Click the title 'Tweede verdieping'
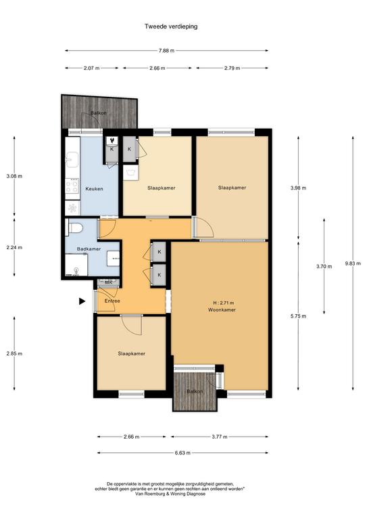click(x=171, y=26)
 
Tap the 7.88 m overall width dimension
click(x=166, y=51)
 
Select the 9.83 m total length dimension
click(x=353, y=263)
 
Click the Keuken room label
click(x=95, y=189)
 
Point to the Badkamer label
click(x=89, y=249)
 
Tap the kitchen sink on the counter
click(x=72, y=160)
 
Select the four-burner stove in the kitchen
click(x=72, y=186)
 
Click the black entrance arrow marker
click(x=82, y=301)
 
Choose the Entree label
click(x=112, y=301)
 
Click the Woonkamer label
click(x=222, y=309)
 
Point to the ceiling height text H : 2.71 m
click(x=224, y=303)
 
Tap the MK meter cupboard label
click(x=109, y=282)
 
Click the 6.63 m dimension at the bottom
click(x=182, y=453)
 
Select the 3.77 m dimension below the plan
click(x=220, y=437)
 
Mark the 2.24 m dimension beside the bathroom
click(x=14, y=247)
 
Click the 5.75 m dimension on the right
click(x=298, y=316)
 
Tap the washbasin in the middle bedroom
click(x=130, y=173)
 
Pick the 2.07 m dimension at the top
click(x=92, y=68)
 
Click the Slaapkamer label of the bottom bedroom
click(x=131, y=354)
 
